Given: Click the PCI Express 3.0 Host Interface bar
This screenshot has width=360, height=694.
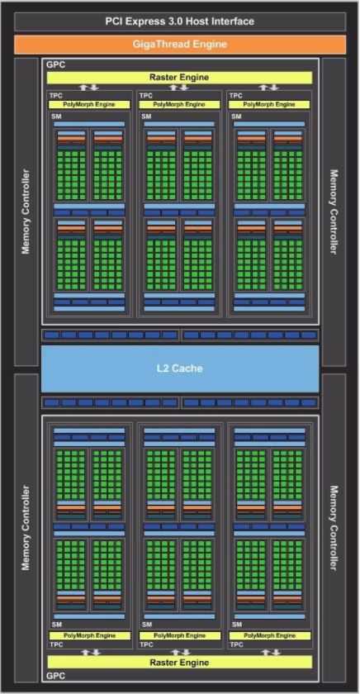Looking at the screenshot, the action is pos(179,21).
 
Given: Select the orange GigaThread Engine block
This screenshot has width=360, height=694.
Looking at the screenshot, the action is pos(179,45).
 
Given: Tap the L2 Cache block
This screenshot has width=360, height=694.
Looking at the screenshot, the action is pos(179,368).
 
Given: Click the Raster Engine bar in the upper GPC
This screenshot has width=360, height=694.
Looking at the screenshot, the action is pos(179,78).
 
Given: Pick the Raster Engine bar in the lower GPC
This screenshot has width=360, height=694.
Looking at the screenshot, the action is pos(179,662).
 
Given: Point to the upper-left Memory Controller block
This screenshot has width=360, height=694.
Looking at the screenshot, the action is pos(26,212).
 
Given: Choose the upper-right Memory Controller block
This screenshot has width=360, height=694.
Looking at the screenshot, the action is pos(334,212).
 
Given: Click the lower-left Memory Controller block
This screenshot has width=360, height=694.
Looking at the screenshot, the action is pos(26,528).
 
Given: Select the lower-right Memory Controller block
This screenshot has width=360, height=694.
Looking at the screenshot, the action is pos(334,528).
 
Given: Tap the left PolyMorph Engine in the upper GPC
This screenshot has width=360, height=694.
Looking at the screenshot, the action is pos(89,104).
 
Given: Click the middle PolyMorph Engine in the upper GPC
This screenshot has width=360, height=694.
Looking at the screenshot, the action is pos(179,104).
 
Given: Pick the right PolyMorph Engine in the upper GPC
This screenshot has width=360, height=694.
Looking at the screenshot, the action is pos(269,104).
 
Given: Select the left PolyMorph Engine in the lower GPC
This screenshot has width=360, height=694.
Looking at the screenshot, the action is pos(89,635).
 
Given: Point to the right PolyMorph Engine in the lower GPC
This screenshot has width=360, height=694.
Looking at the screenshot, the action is pos(269,635).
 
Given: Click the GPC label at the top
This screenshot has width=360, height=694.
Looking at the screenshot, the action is pos(55,64).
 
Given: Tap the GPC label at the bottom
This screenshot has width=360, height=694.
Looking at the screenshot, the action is pos(55,676).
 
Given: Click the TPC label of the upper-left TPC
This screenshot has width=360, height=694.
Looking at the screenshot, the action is pos(55,96).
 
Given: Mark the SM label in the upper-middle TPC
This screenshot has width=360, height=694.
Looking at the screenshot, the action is pos(145,116).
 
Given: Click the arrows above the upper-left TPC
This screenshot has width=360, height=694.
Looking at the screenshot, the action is pos(89,88).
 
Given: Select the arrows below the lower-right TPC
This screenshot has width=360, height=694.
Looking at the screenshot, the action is pos(269,652).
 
